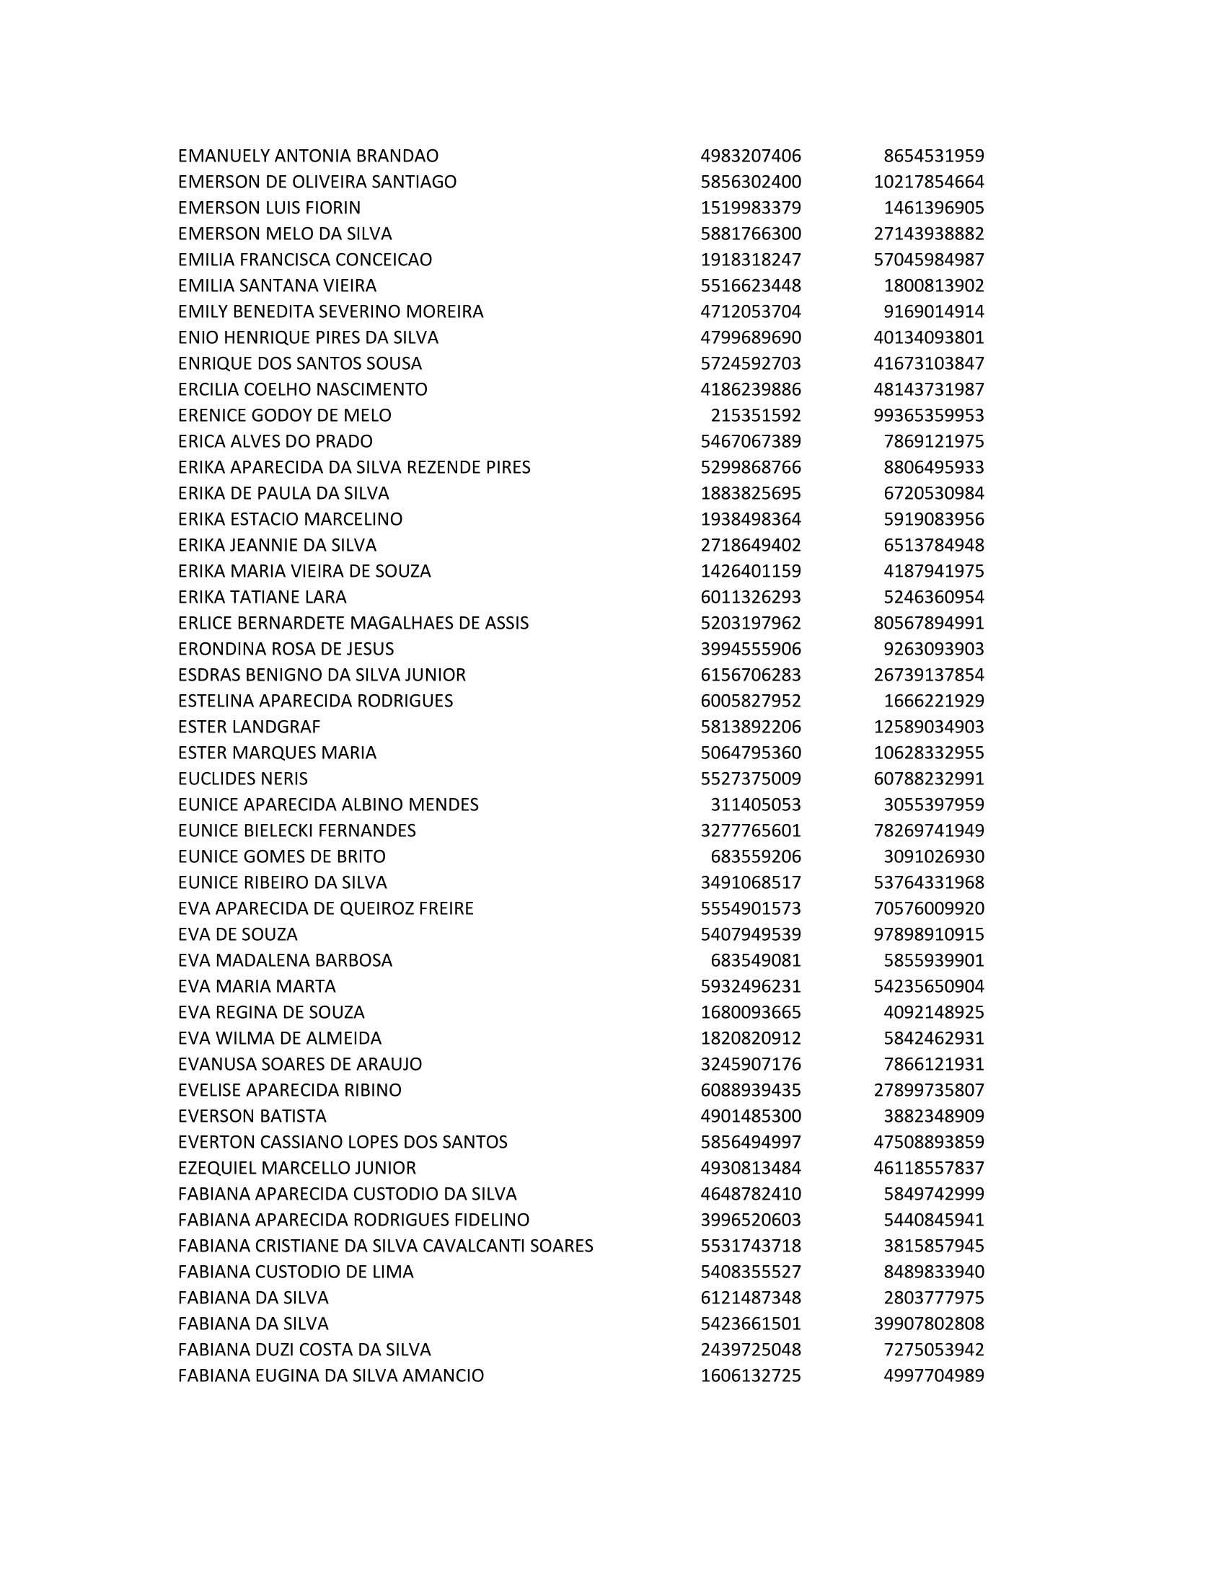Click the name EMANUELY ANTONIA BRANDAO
[308, 156]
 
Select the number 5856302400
[750, 182]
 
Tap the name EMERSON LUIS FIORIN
[269, 208]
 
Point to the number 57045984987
[928, 260]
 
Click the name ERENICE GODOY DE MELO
[284, 415]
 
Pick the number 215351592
[755, 415]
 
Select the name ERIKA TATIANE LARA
[263, 597]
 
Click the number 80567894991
[928, 623]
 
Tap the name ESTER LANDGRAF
[249, 727]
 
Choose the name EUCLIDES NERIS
[242, 779]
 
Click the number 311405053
[755, 805]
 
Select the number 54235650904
[928, 986]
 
